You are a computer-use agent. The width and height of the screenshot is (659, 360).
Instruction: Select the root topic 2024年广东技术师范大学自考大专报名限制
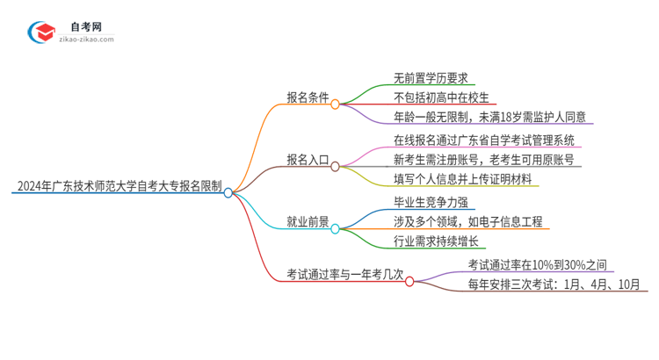[117, 187]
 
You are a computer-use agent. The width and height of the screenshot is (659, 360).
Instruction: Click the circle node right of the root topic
[228, 193]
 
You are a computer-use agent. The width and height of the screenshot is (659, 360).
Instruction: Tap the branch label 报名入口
[306, 160]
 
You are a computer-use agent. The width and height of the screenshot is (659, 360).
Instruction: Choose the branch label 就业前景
[306, 222]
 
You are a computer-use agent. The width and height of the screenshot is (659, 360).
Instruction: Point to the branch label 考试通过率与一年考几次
[344, 275]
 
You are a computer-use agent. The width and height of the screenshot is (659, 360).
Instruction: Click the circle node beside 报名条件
[335, 100]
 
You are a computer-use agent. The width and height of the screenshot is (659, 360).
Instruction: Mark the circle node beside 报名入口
[335, 165]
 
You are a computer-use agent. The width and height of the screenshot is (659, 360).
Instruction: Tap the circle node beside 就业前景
[335, 227]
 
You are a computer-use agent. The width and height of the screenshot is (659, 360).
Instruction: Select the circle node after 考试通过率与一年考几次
[409, 281]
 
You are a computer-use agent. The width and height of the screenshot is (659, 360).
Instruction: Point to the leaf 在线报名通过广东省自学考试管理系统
[486, 140]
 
